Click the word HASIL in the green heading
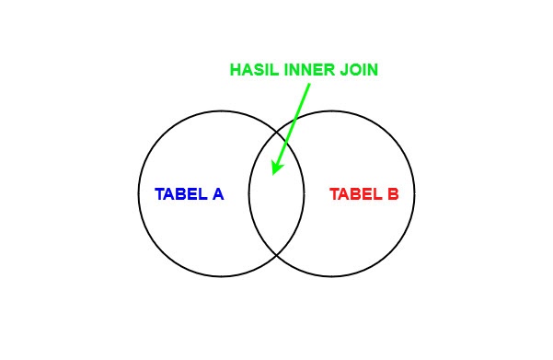252,70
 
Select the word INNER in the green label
309,70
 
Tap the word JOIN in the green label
360,70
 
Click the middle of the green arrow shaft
292,127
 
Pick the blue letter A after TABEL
218,194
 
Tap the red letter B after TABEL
393,194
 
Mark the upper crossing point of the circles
276,132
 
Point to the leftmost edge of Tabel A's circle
138,193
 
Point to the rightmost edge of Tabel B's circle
414,193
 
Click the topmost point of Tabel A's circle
221,110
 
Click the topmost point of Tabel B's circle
331,110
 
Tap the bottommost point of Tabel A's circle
221,276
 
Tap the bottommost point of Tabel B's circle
331,276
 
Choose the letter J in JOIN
345,70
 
